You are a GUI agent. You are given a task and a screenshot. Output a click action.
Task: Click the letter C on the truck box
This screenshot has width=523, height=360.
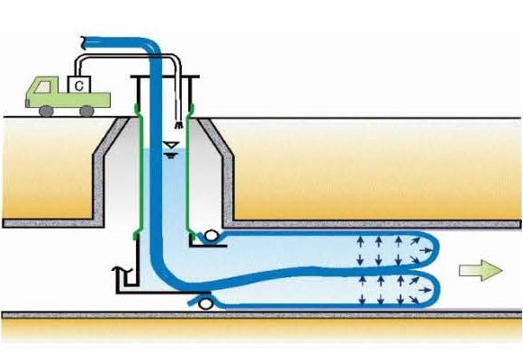pos(78,86)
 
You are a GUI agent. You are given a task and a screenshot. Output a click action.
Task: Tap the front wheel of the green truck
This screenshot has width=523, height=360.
pos(46,111)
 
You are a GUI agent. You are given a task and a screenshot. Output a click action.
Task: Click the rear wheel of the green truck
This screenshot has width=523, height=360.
pos(86,111)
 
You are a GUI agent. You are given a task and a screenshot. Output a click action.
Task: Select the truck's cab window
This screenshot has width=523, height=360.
pos(42,87)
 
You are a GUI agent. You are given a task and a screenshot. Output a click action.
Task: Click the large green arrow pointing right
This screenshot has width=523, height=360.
pos(481,270)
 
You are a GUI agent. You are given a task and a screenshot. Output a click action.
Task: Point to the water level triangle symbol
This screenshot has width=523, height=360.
pos(170,145)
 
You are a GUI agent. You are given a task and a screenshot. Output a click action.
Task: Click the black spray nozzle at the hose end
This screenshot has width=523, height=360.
pos(179,125)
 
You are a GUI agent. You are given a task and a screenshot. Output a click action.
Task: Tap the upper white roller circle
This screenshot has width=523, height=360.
pos(211,236)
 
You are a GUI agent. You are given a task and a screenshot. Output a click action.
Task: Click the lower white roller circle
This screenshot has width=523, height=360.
pos(205,303)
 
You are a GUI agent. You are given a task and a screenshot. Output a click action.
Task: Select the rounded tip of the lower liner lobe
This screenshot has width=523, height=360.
pos(436,289)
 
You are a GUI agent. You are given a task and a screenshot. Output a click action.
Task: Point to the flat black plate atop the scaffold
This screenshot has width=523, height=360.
pos(165,76)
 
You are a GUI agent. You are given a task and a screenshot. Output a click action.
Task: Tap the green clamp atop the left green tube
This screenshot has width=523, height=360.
pos(137,109)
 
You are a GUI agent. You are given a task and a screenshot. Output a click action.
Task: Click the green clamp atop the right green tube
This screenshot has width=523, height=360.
pos(192,108)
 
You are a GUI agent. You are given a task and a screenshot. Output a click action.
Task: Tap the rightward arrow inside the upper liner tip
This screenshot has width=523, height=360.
pos(425,250)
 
